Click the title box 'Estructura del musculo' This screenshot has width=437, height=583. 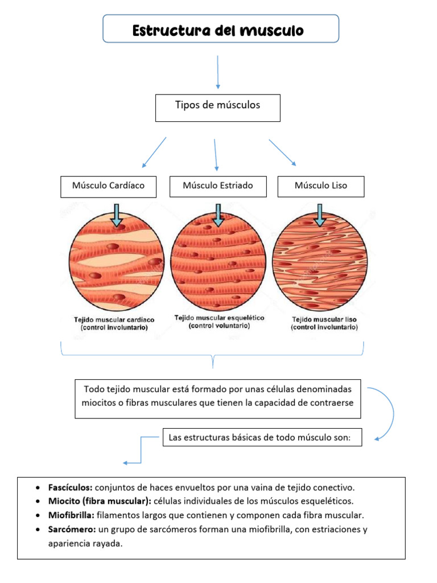221,29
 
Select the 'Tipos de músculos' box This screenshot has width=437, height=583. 217,108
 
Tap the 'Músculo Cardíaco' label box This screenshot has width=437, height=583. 108,186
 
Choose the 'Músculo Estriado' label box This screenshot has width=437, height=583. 218,186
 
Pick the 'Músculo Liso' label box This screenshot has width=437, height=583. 320,186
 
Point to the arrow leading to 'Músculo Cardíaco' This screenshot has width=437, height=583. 154,152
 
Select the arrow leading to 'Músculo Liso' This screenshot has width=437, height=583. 282,152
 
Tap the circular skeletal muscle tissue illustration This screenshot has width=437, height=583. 218,264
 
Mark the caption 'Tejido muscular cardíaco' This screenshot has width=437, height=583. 114,320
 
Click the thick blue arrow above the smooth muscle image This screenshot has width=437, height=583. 320,215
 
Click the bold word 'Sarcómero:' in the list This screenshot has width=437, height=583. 72,529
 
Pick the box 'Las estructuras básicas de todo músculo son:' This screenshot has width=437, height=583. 262,437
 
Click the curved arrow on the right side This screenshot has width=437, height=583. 387,413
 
